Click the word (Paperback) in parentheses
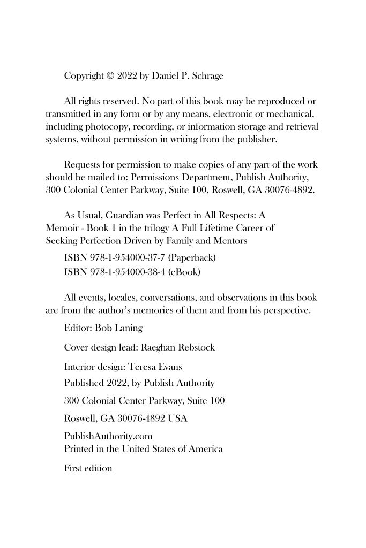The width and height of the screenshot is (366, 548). [192, 258]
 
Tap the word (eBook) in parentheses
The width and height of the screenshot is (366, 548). [184, 272]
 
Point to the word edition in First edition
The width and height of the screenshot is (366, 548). [98, 468]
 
